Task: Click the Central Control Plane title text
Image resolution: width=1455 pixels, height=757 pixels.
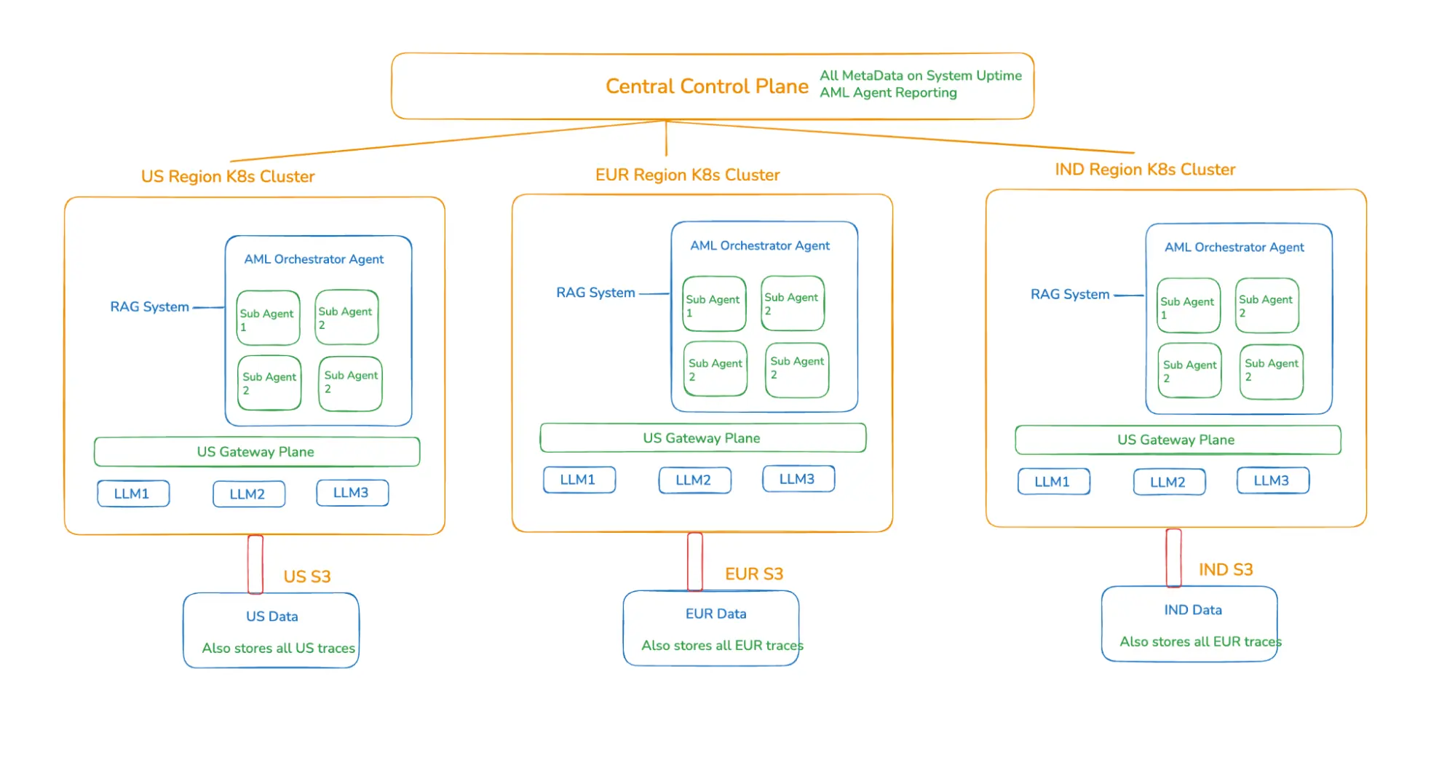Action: [x=706, y=87]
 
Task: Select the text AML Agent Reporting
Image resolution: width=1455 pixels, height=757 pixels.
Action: [x=888, y=93]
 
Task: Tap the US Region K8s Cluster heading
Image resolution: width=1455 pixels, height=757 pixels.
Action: [x=228, y=177]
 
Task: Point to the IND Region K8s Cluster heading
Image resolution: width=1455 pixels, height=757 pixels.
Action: [x=1145, y=170]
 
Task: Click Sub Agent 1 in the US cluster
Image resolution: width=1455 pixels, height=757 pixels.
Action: [x=268, y=318]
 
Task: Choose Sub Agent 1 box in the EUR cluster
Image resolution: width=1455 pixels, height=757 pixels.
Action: [x=714, y=304]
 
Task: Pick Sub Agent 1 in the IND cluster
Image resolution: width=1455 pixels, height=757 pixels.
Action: [x=1188, y=306]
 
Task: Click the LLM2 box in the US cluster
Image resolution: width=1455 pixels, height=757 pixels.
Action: [x=248, y=494]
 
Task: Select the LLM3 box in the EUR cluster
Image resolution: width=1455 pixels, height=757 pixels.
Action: [x=798, y=479]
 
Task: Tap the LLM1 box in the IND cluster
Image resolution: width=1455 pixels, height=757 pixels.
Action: [x=1053, y=482]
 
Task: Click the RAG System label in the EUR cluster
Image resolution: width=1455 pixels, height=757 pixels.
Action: [x=595, y=293]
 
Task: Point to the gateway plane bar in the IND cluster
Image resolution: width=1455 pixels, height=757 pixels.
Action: [x=1177, y=440]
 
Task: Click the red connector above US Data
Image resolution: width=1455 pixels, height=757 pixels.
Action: [x=255, y=564]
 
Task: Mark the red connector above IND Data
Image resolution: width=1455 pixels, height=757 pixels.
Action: [x=1173, y=558]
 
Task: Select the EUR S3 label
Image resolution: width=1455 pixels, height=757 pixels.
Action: [x=754, y=574]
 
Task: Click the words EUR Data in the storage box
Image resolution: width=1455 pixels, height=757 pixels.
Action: [x=715, y=614]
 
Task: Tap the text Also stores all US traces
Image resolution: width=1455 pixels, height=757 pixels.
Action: [x=278, y=649]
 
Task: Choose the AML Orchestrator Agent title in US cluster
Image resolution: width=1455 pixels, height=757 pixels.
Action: [x=314, y=260]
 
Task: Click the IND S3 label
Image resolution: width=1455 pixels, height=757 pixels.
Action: [x=1226, y=570]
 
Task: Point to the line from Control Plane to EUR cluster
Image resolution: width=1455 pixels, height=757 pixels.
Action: [x=666, y=138]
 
